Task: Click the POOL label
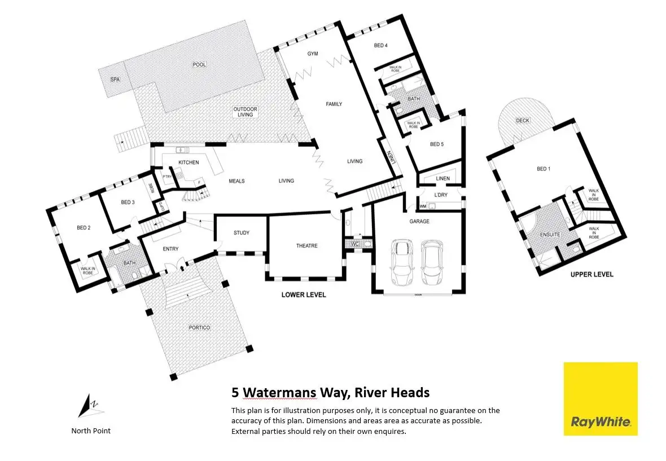coord(199,65)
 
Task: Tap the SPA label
coord(115,80)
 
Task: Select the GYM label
coord(313,54)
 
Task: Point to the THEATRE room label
coord(306,246)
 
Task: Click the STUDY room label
coord(241,233)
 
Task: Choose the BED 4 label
coord(381,46)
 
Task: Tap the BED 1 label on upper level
coord(543,169)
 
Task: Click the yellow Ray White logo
coord(601,399)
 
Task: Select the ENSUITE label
coord(550,234)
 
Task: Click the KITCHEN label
coord(189,163)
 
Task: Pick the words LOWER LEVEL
coord(304,295)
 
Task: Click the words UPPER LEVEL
coord(591,275)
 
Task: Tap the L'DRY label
coord(440,195)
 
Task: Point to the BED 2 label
coord(84,228)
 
